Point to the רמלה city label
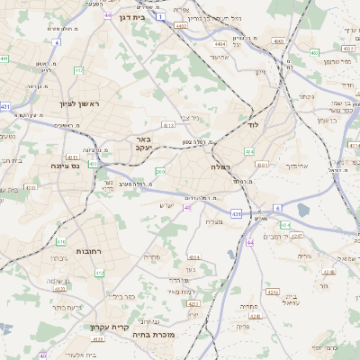(221, 167)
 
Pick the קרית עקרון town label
(110, 327)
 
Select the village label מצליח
(214, 221)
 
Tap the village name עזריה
(304, 256)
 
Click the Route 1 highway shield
(159, 17)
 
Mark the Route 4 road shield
(57, 42)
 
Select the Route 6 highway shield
(278, 208)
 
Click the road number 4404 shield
(220, 43)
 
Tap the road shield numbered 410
(61, 242)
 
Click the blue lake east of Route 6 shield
(301, 210)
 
